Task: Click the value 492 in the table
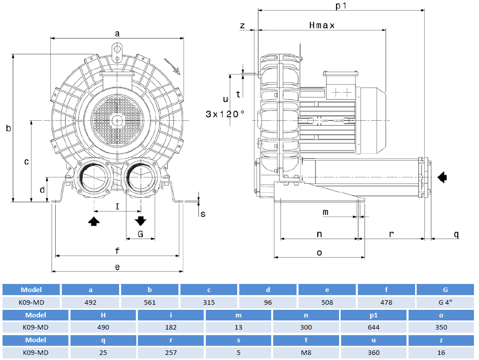pos(91,302)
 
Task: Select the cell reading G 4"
pos(446,302)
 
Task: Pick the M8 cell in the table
pos(307,352)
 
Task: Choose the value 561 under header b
pos(150,302)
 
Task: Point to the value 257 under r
pos(171,352)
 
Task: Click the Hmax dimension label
pos(321,25)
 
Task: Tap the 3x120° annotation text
pos(225,114)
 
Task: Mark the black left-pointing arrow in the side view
pos(443,176)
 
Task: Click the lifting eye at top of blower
pos(117,50)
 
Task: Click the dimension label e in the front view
pos(117,267)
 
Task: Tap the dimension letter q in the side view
pos(456,234)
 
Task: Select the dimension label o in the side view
pos(319,253)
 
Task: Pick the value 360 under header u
pos(374,352)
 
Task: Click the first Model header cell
pos(31,290)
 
